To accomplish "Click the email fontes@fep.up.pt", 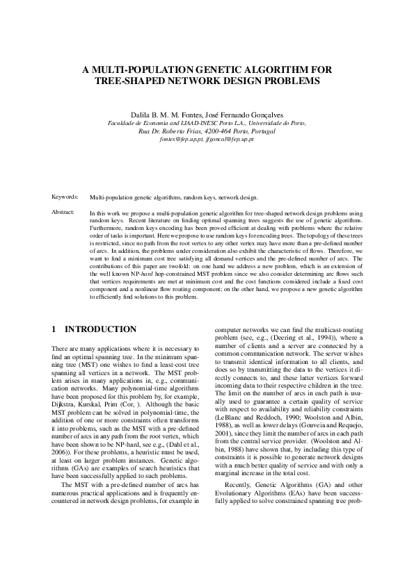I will click(x=177, y=139).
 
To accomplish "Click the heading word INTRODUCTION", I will click(x=101, y=329).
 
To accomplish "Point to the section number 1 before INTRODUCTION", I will click(x=54, y=329).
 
